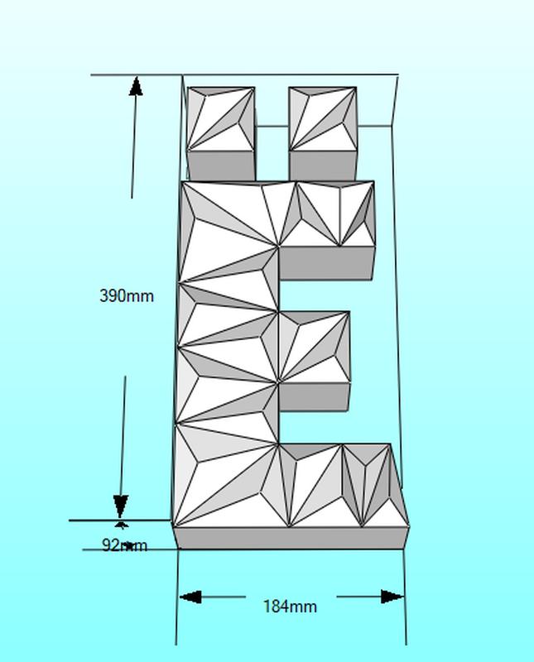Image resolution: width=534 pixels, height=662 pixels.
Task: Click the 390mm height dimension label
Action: point(126,295)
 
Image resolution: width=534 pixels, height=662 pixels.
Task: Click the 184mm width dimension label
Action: point(290,607)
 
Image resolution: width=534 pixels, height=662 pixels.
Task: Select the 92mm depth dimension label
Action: point(124,545)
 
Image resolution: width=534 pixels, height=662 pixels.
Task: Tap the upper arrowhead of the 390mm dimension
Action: point(136,86)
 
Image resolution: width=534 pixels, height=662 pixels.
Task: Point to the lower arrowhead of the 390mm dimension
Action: point(121,506)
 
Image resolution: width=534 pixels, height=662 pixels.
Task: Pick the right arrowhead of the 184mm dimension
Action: point(392,597)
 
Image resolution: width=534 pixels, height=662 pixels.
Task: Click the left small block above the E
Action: point(220,120)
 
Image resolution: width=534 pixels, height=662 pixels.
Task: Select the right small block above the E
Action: point(323,120)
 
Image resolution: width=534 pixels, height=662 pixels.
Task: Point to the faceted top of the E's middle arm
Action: point(314,346)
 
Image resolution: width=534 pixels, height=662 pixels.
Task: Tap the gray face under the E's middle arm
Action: point(314,396)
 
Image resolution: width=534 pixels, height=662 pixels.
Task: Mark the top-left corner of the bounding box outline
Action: point(182,75)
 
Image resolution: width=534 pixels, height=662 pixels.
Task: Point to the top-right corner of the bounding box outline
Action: point(397,76)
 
